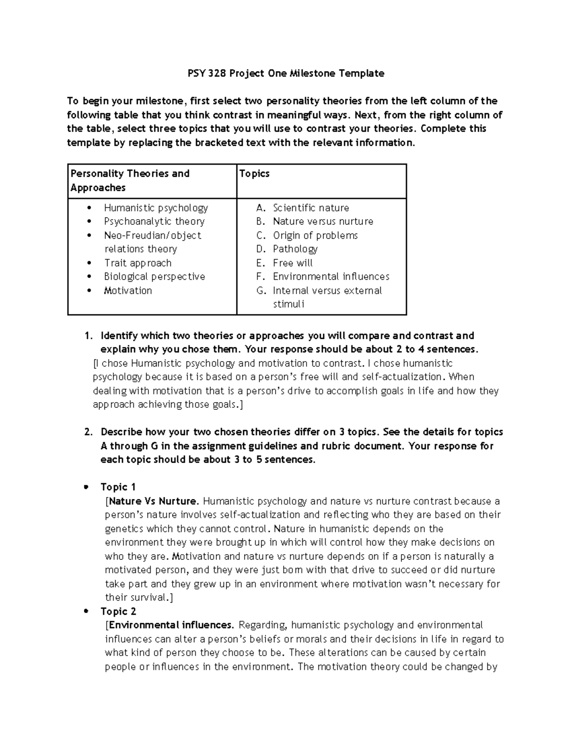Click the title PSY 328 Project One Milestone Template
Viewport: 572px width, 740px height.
tap(285, 73)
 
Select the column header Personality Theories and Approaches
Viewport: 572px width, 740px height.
tap(130, 180)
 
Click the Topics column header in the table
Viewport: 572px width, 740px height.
tap(254, 173)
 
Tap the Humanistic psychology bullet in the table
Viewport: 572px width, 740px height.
tap(156, 208)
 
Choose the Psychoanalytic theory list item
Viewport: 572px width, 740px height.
tap(154, 222)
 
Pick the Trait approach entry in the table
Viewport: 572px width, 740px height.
tap(138, 263)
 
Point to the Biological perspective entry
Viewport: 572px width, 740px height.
tap(154, 277)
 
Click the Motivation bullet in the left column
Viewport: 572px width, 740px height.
tap(128, 291)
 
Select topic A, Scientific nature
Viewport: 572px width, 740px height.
tap(310, 208)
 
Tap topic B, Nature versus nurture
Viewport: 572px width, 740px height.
tap(323, 222)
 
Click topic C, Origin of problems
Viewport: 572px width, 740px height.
tap(315, 235)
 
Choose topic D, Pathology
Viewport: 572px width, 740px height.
tap(295, 249)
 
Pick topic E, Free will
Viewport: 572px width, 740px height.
tap(293, 263)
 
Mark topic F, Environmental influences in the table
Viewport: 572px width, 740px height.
tap(331, 277)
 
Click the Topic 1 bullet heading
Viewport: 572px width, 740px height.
tap(118, 487)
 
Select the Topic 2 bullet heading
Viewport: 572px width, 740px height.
tap(118, 611)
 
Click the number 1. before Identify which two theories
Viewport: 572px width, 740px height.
tap(88, 336)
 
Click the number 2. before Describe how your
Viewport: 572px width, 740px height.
tap(88, 432)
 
